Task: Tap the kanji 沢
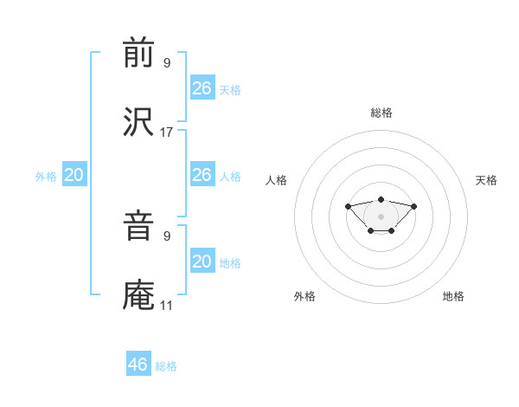pyautogui.click(x=139, y=122)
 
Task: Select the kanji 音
pyautogui.click(x=139, y=227)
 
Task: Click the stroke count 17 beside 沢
pyautogui.click(x=167, y=132)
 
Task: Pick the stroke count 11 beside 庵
pyautogui.click(x=167, y=306)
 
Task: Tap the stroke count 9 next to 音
pyautogui.click(x=167, y=235)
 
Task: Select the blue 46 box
pyautogui.click(x=138, y=365)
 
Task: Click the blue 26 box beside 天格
pyautogui.click(x=202, y=88)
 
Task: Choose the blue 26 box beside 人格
pyautogui.click(x=202, y=175)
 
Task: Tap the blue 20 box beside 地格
pyautogui.click(x=202, y=262)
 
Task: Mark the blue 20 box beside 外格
pyautogui.click(x=74, y=175)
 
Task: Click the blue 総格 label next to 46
pyautogui.click(x=166, y=366)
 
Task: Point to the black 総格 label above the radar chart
pyautogui.click(x=381, y=113)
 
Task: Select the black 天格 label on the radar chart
pyautogui.click(x=486, y=180)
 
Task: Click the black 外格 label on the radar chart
pyautogui.click(x=304, y=296)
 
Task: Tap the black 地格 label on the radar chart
pyautogui.click(x=453, y=296)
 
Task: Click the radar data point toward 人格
pyautogui.click(x=348, y=206)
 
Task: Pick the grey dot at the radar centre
pyautogui.click(x=381, y=216)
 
